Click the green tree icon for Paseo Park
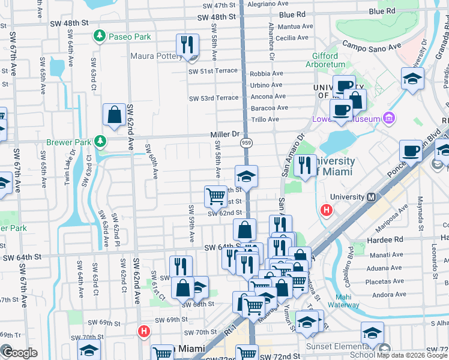coord(99,37)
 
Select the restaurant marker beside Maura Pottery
coord(187,46)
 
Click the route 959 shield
coord(247,143)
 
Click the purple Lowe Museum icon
coord(390,118)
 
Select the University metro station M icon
coord(371,197)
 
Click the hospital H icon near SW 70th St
coord(144,331)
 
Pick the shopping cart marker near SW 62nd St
coord(215,196)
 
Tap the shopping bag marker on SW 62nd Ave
coord(114,115)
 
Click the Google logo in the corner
coord(19,353)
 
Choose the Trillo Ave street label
coord(265,119)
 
